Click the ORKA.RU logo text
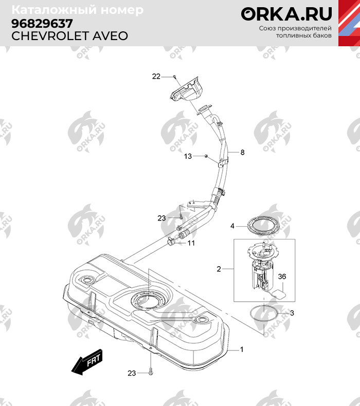coord(286,13)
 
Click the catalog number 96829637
coord(42,24)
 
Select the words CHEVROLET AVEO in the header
coord(69,36)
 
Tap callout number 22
coord(156,77)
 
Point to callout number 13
coord(188,156)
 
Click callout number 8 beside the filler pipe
coord(242,153)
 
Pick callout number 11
coord(191,243)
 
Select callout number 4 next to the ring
coord(232,226)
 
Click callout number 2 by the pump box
coord(219,269)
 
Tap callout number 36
coord(282,277)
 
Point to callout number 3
coord(292,312)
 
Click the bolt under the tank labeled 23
coord(151,372)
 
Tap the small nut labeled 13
coord(206,156)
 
